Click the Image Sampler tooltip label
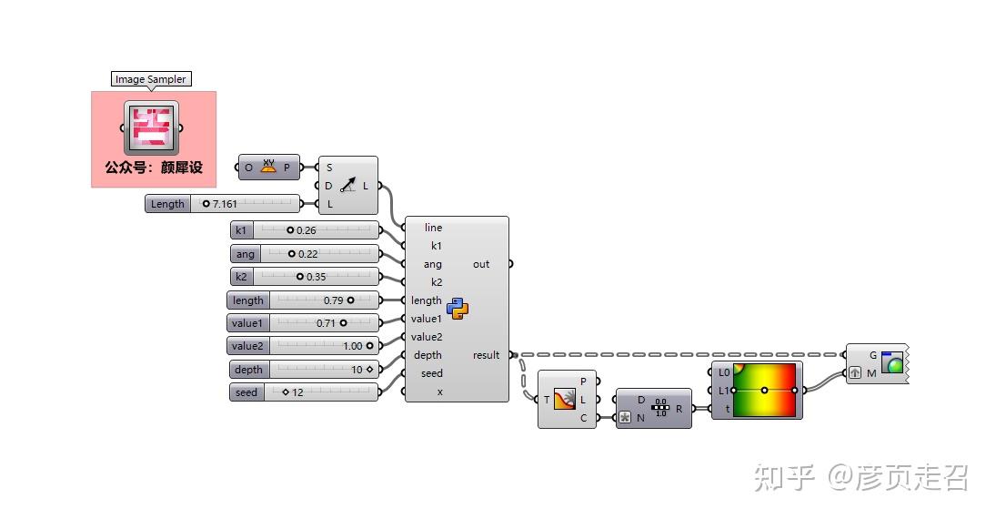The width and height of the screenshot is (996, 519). [x=151, y=79]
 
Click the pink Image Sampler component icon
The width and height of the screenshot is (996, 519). [x=151, y=127]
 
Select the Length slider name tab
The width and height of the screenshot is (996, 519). [x=167, y=204]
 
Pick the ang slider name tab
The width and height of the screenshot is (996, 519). [x=246, y=254]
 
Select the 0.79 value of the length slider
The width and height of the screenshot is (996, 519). [x=333, y=300]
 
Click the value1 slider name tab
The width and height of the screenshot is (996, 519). [x=247, y=323]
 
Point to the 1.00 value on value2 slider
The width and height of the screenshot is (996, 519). [x=353, y=346]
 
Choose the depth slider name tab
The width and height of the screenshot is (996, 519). [x=248, y=370]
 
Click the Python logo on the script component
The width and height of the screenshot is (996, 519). [x=458, y=309]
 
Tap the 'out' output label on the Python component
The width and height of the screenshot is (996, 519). [x=481, y=264]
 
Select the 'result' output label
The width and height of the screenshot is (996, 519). [x=486, y=355]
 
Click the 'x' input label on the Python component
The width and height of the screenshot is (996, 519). [x=439, y=392]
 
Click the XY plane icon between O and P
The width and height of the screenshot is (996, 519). [x=268, y=168]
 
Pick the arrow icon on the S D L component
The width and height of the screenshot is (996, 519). [x=348, y=185]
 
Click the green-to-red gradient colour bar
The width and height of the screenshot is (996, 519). [x=764, y=390]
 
